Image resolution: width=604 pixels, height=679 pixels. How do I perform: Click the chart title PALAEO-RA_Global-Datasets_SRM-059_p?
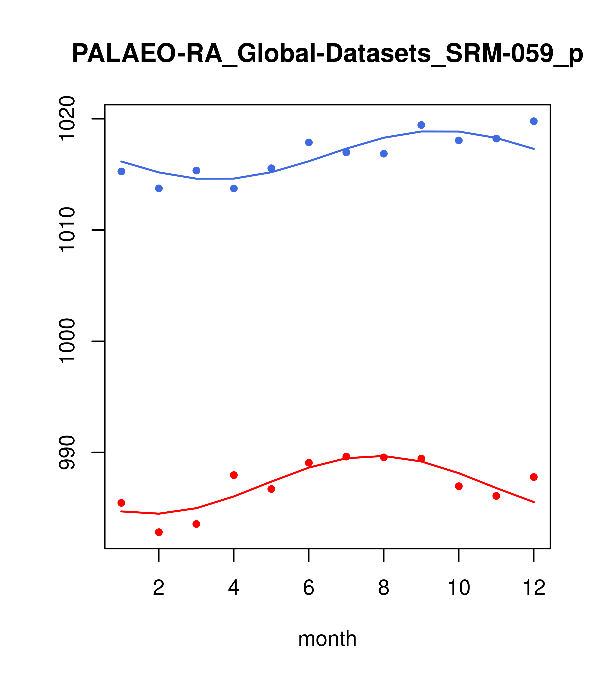327,54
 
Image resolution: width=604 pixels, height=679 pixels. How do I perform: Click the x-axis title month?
327,639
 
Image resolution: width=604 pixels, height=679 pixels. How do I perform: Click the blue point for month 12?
534,121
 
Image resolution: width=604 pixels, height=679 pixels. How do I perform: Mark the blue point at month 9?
421,125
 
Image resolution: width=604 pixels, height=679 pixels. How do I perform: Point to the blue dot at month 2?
159,188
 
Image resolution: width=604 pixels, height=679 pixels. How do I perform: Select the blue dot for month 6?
309,142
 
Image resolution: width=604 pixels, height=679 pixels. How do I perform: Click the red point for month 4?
234,475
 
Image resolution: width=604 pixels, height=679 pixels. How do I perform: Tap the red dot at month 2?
159,532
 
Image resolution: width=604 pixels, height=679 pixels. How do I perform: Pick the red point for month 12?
534,477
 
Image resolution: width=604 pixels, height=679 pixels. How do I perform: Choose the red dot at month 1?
121,503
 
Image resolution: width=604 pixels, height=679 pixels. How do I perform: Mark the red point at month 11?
496,496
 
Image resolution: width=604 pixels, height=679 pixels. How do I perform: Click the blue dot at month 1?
121,171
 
